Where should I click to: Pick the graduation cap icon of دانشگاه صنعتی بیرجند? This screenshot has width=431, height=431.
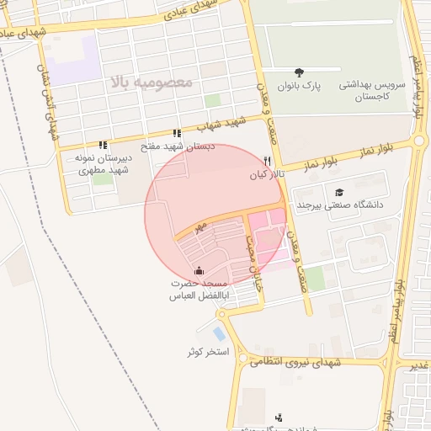[x=338, y=192]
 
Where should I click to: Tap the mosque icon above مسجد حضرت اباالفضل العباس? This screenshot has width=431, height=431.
[x=199, y=270]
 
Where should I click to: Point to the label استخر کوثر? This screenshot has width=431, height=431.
[x=209, y=351]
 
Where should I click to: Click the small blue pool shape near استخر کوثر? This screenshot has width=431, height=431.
[x=220, y=333]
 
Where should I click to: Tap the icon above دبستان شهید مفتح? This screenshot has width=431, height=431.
[x=176, y=133]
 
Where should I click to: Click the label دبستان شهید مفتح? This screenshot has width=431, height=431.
[x=176, y=146]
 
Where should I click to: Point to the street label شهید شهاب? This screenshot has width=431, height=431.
[x=221, y=125]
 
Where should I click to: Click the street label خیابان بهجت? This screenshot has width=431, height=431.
[x=250, y=252]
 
